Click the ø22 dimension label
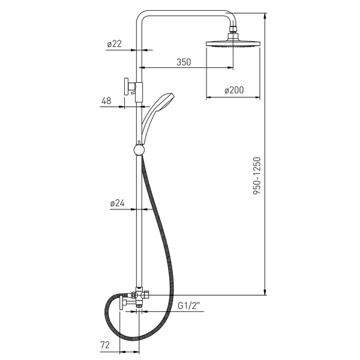pyautogui.click(x=114, y=44)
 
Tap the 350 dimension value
pyautogui.click(x=184, y=62)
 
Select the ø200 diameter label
pyautogui.click(x=234, y=90)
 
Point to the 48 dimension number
pyautogui.click(x=106, y=101)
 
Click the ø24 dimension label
pyautogui.click(x=117, y=203)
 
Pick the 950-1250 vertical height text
pyautogui.click(x=257, y=176)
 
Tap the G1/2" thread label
pyautogui.click(x=189, y=306)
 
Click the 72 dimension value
pyautogui.click(x=105, y=345)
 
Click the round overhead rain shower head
pyautogui.click(x=233, y=43)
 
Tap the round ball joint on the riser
pyautogui.click(x=139, y=150)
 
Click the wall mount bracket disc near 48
pyautogui.click(x=126, y=86)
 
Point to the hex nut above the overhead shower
pyautogui.click(x=233, y=29)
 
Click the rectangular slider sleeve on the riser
pyautogui.click(x=139, y=92)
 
